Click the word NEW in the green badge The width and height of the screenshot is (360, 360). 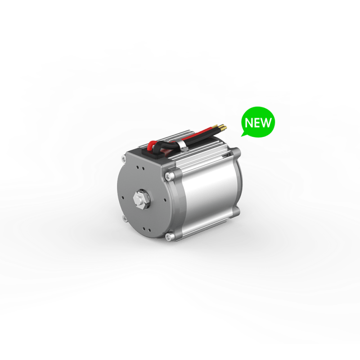(258, 122)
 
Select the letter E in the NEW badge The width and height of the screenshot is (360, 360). (258, 122)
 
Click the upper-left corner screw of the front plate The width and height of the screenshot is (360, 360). (124, 158)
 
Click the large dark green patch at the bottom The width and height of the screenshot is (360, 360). (90, 315)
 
